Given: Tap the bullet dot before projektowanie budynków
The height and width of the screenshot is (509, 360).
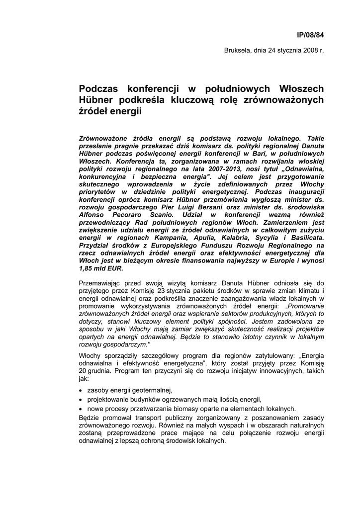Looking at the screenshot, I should tap(81, 400).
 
